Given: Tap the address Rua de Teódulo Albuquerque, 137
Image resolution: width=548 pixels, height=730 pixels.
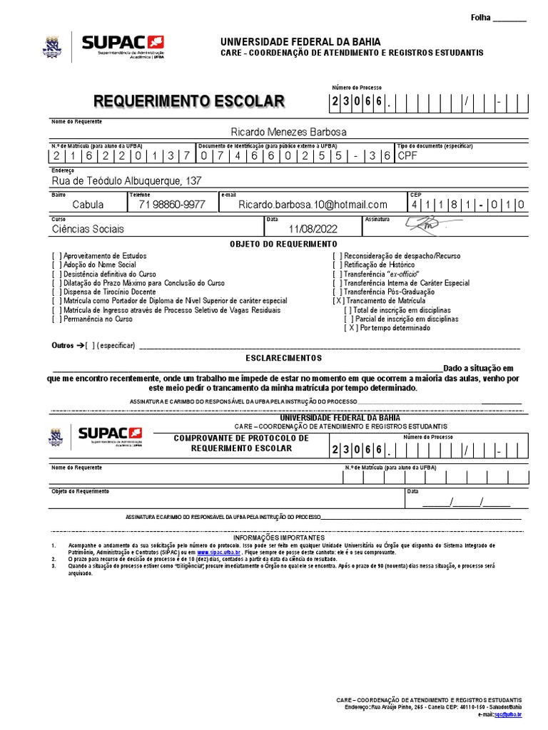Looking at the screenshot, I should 126,180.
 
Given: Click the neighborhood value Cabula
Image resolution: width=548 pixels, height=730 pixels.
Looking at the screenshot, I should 88,205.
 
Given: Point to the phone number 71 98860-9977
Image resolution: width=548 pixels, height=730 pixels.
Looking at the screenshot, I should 171,205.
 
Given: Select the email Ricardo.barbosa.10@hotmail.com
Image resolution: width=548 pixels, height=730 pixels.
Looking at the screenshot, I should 313,205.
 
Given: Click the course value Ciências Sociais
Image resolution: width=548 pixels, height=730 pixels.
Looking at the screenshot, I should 88,229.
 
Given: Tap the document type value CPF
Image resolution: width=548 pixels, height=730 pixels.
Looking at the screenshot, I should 407,155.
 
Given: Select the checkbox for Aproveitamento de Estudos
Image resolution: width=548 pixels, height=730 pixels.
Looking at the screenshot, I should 56,256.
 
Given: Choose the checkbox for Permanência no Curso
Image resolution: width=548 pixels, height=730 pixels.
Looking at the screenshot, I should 56,319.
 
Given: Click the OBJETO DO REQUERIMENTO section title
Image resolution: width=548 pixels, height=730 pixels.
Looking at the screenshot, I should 283,245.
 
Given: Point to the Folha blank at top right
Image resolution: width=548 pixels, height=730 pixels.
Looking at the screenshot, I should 509,19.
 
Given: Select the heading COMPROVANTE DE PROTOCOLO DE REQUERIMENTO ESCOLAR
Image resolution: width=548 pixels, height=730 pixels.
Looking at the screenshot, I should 241,443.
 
